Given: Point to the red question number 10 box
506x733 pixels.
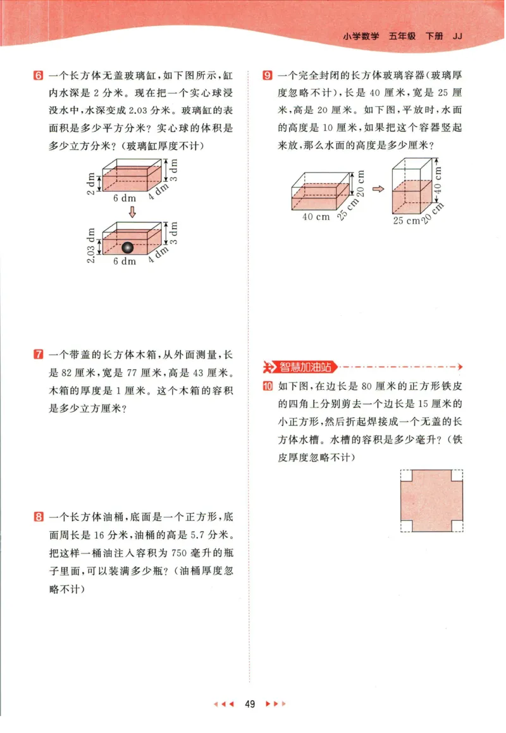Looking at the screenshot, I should (268, 387).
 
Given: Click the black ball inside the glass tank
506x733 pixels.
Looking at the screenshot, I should (128, 248).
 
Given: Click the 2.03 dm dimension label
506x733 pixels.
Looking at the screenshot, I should (91, 246).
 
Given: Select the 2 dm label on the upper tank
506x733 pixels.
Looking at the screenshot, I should (91, 183).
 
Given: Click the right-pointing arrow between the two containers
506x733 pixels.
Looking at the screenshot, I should (378, 188).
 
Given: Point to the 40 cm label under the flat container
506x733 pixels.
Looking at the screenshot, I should (316, 217).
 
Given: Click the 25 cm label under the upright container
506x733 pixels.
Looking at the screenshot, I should (407, 221).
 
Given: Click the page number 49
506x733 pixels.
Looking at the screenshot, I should (250, 704).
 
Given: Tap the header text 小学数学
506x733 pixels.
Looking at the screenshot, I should (361, 36).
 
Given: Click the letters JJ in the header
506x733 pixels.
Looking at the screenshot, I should (459, 36).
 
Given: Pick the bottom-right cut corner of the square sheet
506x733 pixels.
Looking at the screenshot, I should (457, 526).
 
